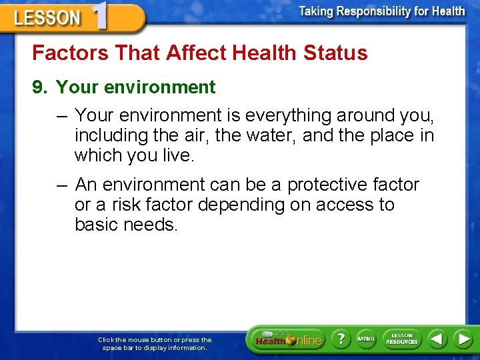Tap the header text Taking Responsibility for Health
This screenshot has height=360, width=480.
click(x=381, y=11)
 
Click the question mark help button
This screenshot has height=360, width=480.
click(x=340, y=339)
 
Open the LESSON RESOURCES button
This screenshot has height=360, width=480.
click(x=401, y=339)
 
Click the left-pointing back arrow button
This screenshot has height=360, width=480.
click(x=437, y=339)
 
